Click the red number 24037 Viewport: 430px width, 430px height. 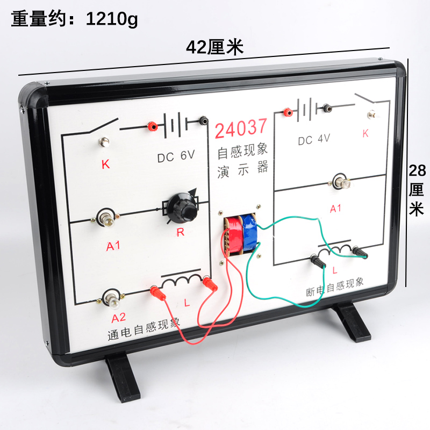tap(241, 128)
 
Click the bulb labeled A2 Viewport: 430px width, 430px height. tap(113, 298)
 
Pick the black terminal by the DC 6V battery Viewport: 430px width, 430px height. tap(203, 121)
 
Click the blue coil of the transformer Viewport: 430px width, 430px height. tap(250, 234)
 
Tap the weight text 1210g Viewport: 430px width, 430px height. tap(112, 19)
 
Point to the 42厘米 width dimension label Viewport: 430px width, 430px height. tap(214, 48)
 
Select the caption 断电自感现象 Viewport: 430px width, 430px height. tap(335, 287)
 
